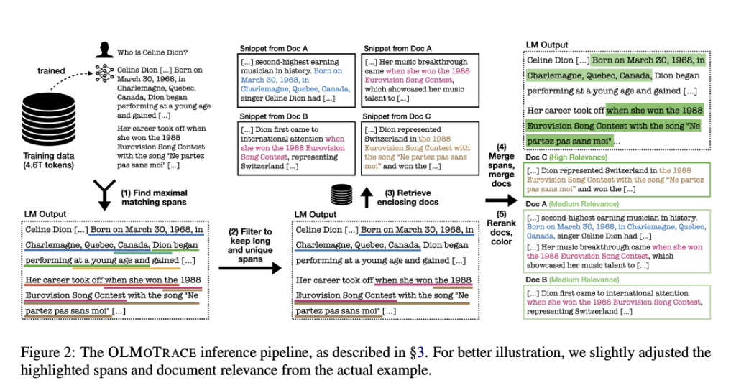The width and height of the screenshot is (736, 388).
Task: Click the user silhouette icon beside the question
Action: tap(104, 51)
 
